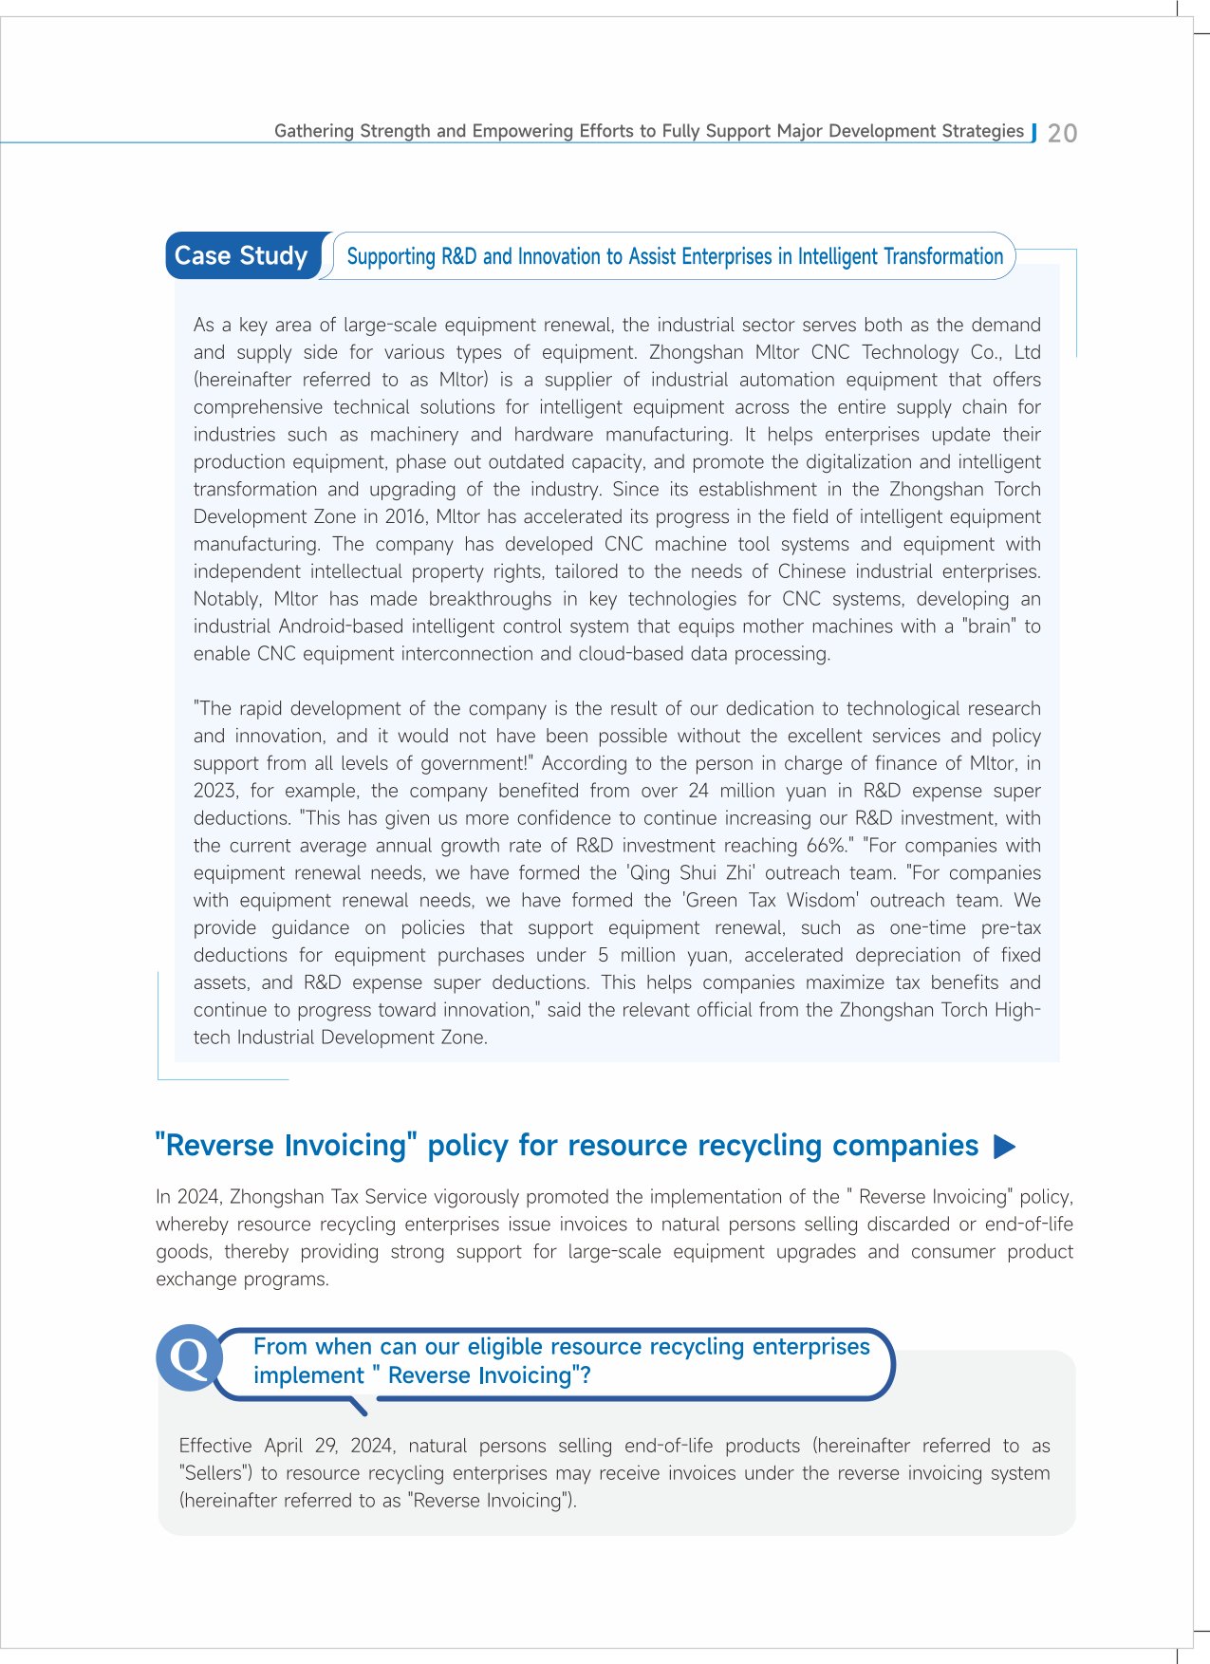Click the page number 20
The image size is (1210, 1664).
click(1062, 133)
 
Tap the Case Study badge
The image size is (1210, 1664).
click(241, 256)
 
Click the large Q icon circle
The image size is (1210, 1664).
click(189, 1357)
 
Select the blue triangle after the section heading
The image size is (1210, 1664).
click(1004, 1147)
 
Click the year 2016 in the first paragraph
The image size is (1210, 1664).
click(405, 516)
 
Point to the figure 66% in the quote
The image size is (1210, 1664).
click(827, 846)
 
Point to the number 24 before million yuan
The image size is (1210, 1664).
click(698, 791)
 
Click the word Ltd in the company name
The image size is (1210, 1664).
click(1027, 352)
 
